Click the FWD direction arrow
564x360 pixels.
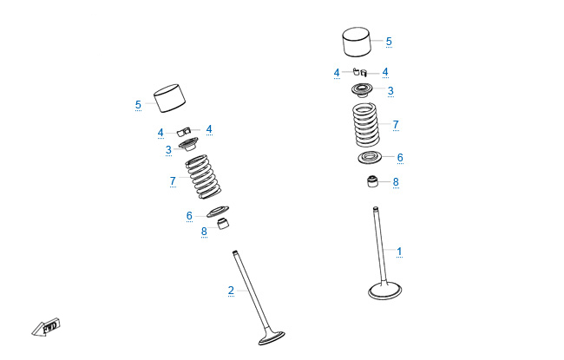tap(46, 327)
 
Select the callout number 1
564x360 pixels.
tap(399, 251)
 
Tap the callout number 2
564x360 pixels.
tap(231, 291)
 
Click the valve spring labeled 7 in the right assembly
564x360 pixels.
tap(366, 125)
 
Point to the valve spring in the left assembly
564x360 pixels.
tap(203, 177)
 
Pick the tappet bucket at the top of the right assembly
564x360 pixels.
tap(357, 42)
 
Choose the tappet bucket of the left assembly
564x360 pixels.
tap(170, 99)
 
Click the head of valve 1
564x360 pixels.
tap(385, 291)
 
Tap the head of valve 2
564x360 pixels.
tap(272, 337)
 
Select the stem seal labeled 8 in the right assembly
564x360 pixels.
tap(372, 181)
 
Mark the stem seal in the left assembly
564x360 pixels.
tap(224, 223)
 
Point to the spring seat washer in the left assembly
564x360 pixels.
tap(218, 212)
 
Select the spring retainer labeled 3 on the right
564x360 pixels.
tap(364, 90)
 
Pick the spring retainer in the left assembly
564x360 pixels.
tap(188, 145)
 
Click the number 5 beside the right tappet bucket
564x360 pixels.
tap(389, 42)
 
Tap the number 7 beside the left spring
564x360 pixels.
tap(173, 181)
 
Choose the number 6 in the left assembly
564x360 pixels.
tap(189, 216)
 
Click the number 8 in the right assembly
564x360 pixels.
tap(396, 182)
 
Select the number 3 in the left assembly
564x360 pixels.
tap(168, 149)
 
